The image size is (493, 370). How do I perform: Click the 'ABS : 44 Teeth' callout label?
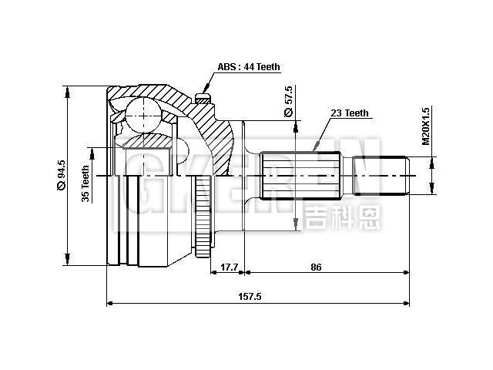tap(248, 68)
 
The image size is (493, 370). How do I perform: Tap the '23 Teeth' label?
tap(350, 113)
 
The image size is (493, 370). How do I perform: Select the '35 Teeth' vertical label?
tap(86, 183)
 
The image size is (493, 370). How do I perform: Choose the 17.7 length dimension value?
tap(230, 267)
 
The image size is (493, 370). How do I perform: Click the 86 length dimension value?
tap(316, 267)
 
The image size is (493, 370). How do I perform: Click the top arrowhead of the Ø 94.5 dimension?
tap(69, 91)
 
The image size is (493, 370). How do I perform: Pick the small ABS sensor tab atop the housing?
tap(202, 98)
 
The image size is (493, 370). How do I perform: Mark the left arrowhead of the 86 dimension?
tap(248, 272)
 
